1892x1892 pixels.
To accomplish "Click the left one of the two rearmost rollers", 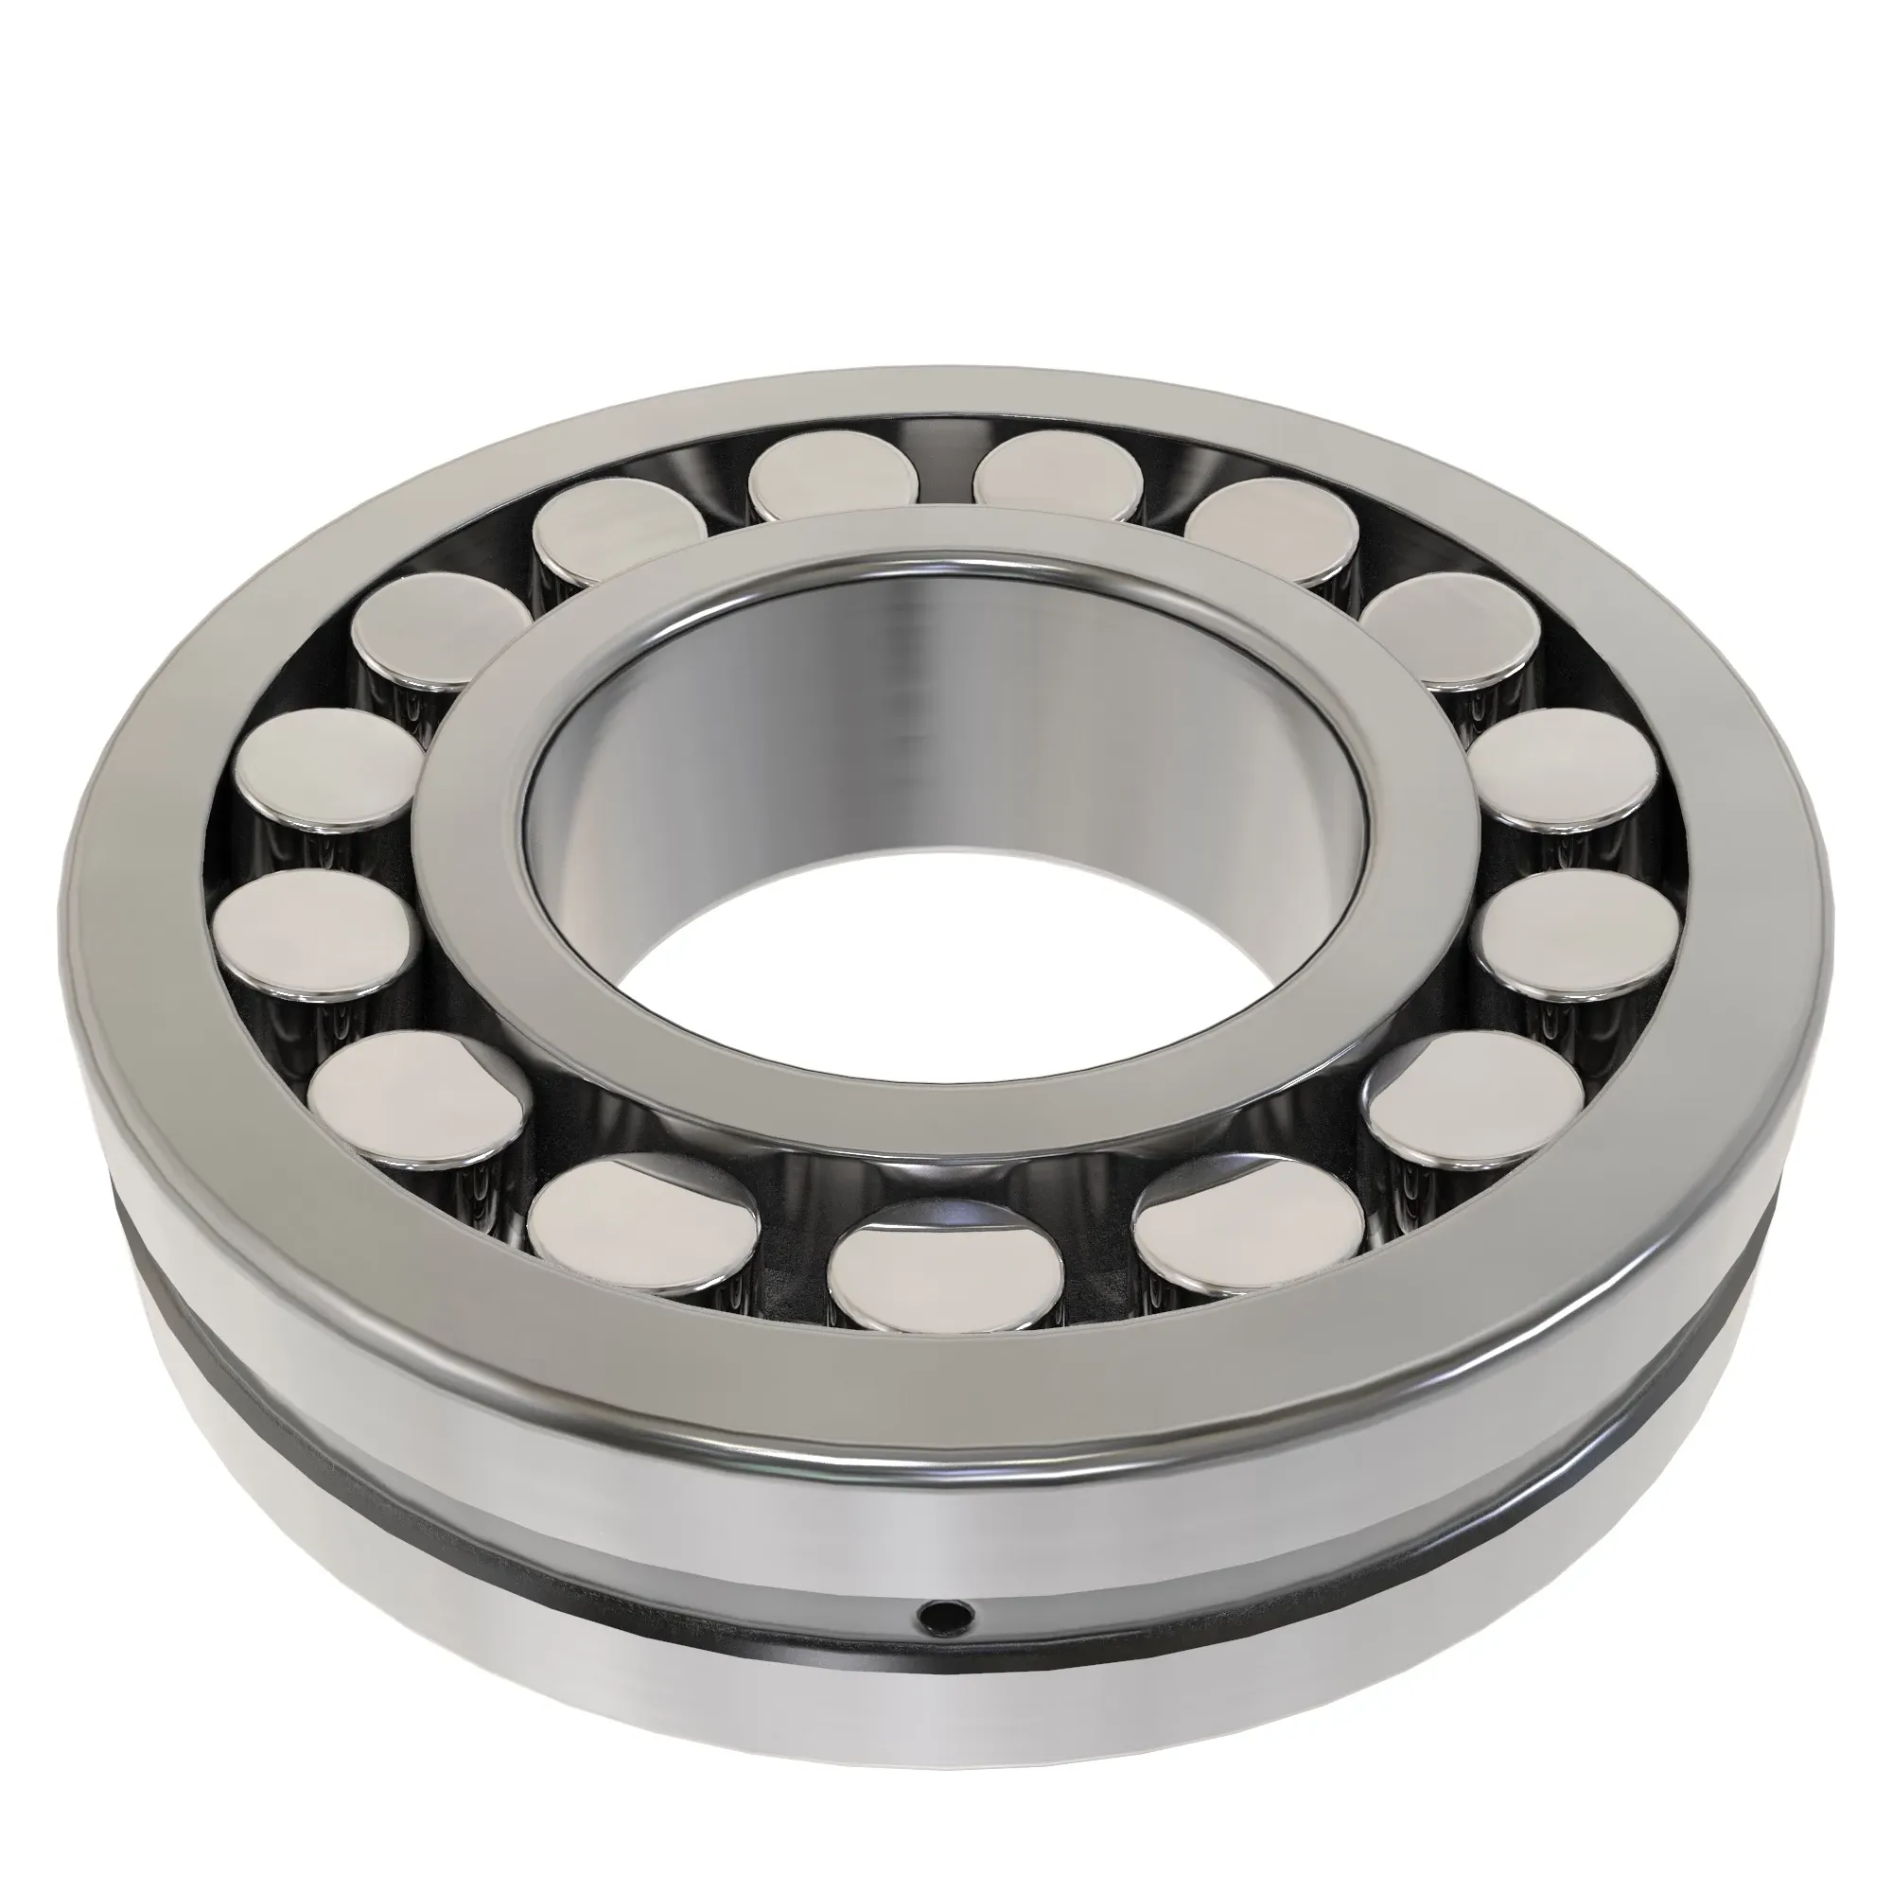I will (x=833, y=477).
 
